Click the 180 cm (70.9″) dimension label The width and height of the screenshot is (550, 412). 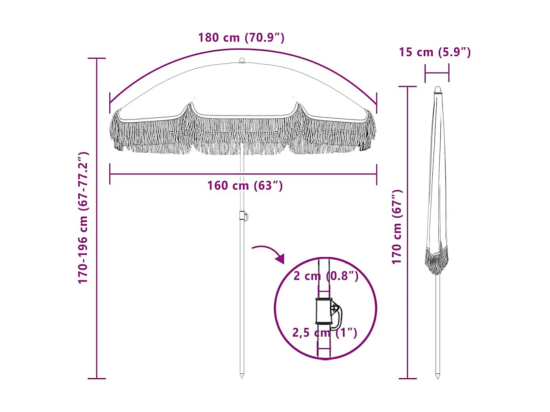tap(241, 37)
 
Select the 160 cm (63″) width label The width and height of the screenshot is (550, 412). tap(245, 185)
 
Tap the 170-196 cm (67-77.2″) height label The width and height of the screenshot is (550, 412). tap(83, 218)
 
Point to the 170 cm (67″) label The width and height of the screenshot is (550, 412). tap(397, 227)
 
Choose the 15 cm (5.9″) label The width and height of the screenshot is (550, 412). tap(434, 52)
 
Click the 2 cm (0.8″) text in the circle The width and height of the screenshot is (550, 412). tap(326, 276)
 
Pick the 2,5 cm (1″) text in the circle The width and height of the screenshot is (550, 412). tap(325, 333)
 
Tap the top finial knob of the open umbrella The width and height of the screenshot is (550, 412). tap(242, 60)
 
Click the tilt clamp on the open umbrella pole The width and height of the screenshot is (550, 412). tap(243, 216)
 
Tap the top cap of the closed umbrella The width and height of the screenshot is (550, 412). tap(437, 90)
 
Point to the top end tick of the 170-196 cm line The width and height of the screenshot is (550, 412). tap(97, 58)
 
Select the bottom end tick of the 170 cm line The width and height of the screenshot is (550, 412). tap(407, 378)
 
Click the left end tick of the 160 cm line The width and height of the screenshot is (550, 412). tap(110, 174)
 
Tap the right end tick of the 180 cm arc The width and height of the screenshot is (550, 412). tap(376, 103)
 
